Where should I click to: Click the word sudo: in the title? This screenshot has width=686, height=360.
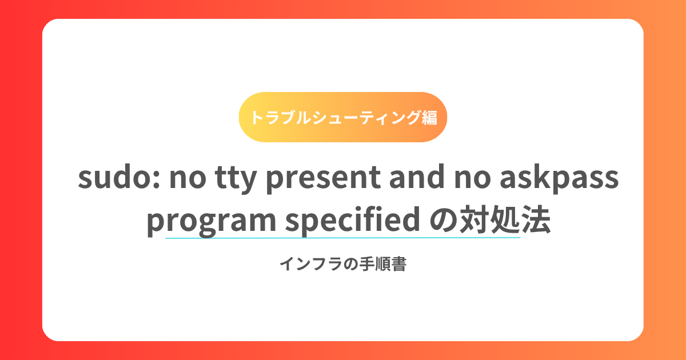tap(119, 177)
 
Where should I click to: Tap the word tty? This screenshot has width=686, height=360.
tap(236, 179)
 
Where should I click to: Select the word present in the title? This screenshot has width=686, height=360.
tap(324, 179)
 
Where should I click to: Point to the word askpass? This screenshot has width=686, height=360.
tap(559, 179)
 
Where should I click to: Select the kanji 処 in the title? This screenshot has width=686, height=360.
tap(505, 220)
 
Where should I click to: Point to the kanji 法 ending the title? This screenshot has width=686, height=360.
tap(536, 220)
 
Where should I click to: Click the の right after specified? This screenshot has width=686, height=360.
tap(444, 220)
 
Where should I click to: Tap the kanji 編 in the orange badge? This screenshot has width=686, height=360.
tap(429, 118)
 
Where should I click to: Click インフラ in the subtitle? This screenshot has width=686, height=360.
tap(311, 264)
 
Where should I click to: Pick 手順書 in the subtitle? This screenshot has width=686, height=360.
tap(383, 264)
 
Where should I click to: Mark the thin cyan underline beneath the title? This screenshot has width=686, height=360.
tap(343, 238)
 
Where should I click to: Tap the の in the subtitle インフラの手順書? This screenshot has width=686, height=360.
tap(350, 264)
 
